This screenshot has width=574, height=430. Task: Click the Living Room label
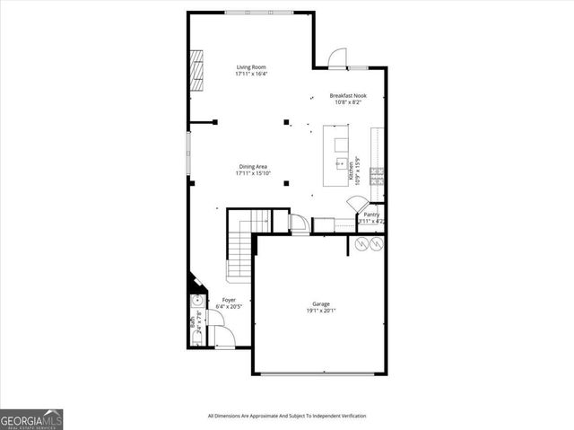(x=251, y=67)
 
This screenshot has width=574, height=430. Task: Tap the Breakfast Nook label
(x=347, y=96)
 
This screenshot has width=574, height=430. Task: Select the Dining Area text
(x=253, y=166)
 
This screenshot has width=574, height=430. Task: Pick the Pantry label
(x=371, y=215)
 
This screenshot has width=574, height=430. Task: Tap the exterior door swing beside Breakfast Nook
(x=336, y=58)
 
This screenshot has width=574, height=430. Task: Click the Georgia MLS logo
(x=31, y=419)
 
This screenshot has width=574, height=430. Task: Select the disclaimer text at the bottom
(x=287, y=416)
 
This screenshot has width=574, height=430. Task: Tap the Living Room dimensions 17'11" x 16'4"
(x=251, y=75)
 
